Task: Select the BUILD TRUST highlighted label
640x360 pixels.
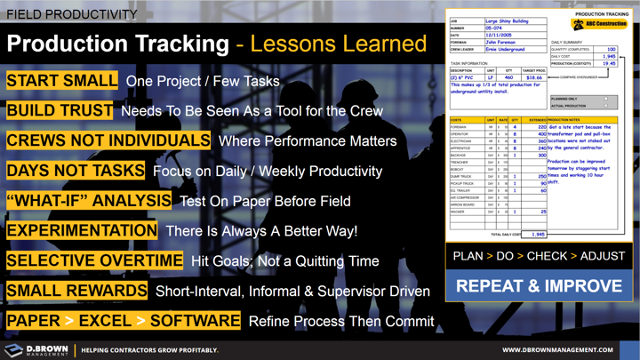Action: pyautogui.click(x=60, y=111)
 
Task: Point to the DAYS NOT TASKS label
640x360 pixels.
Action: pyautogui.click(x=75, y=170)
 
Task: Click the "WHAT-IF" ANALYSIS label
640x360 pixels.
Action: pyautogui.click(x=89, y=200)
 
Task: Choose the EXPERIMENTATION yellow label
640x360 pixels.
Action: pyautogui.click(x=82, y=230)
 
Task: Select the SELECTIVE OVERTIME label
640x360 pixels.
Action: pyautogui.click(x=93, y=260)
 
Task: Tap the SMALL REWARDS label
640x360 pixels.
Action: pyautogui.click(x=76, y=291)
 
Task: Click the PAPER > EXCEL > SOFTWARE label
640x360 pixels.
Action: pyautogui.click(x=123, y=320)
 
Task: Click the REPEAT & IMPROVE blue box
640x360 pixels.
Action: pyautogui.click(x=538, y=288)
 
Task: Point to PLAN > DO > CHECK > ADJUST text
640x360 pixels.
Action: pyautogui.click(x=538, y=256)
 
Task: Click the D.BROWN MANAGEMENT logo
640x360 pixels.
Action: pyautogui.click(x=36, y=350)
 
